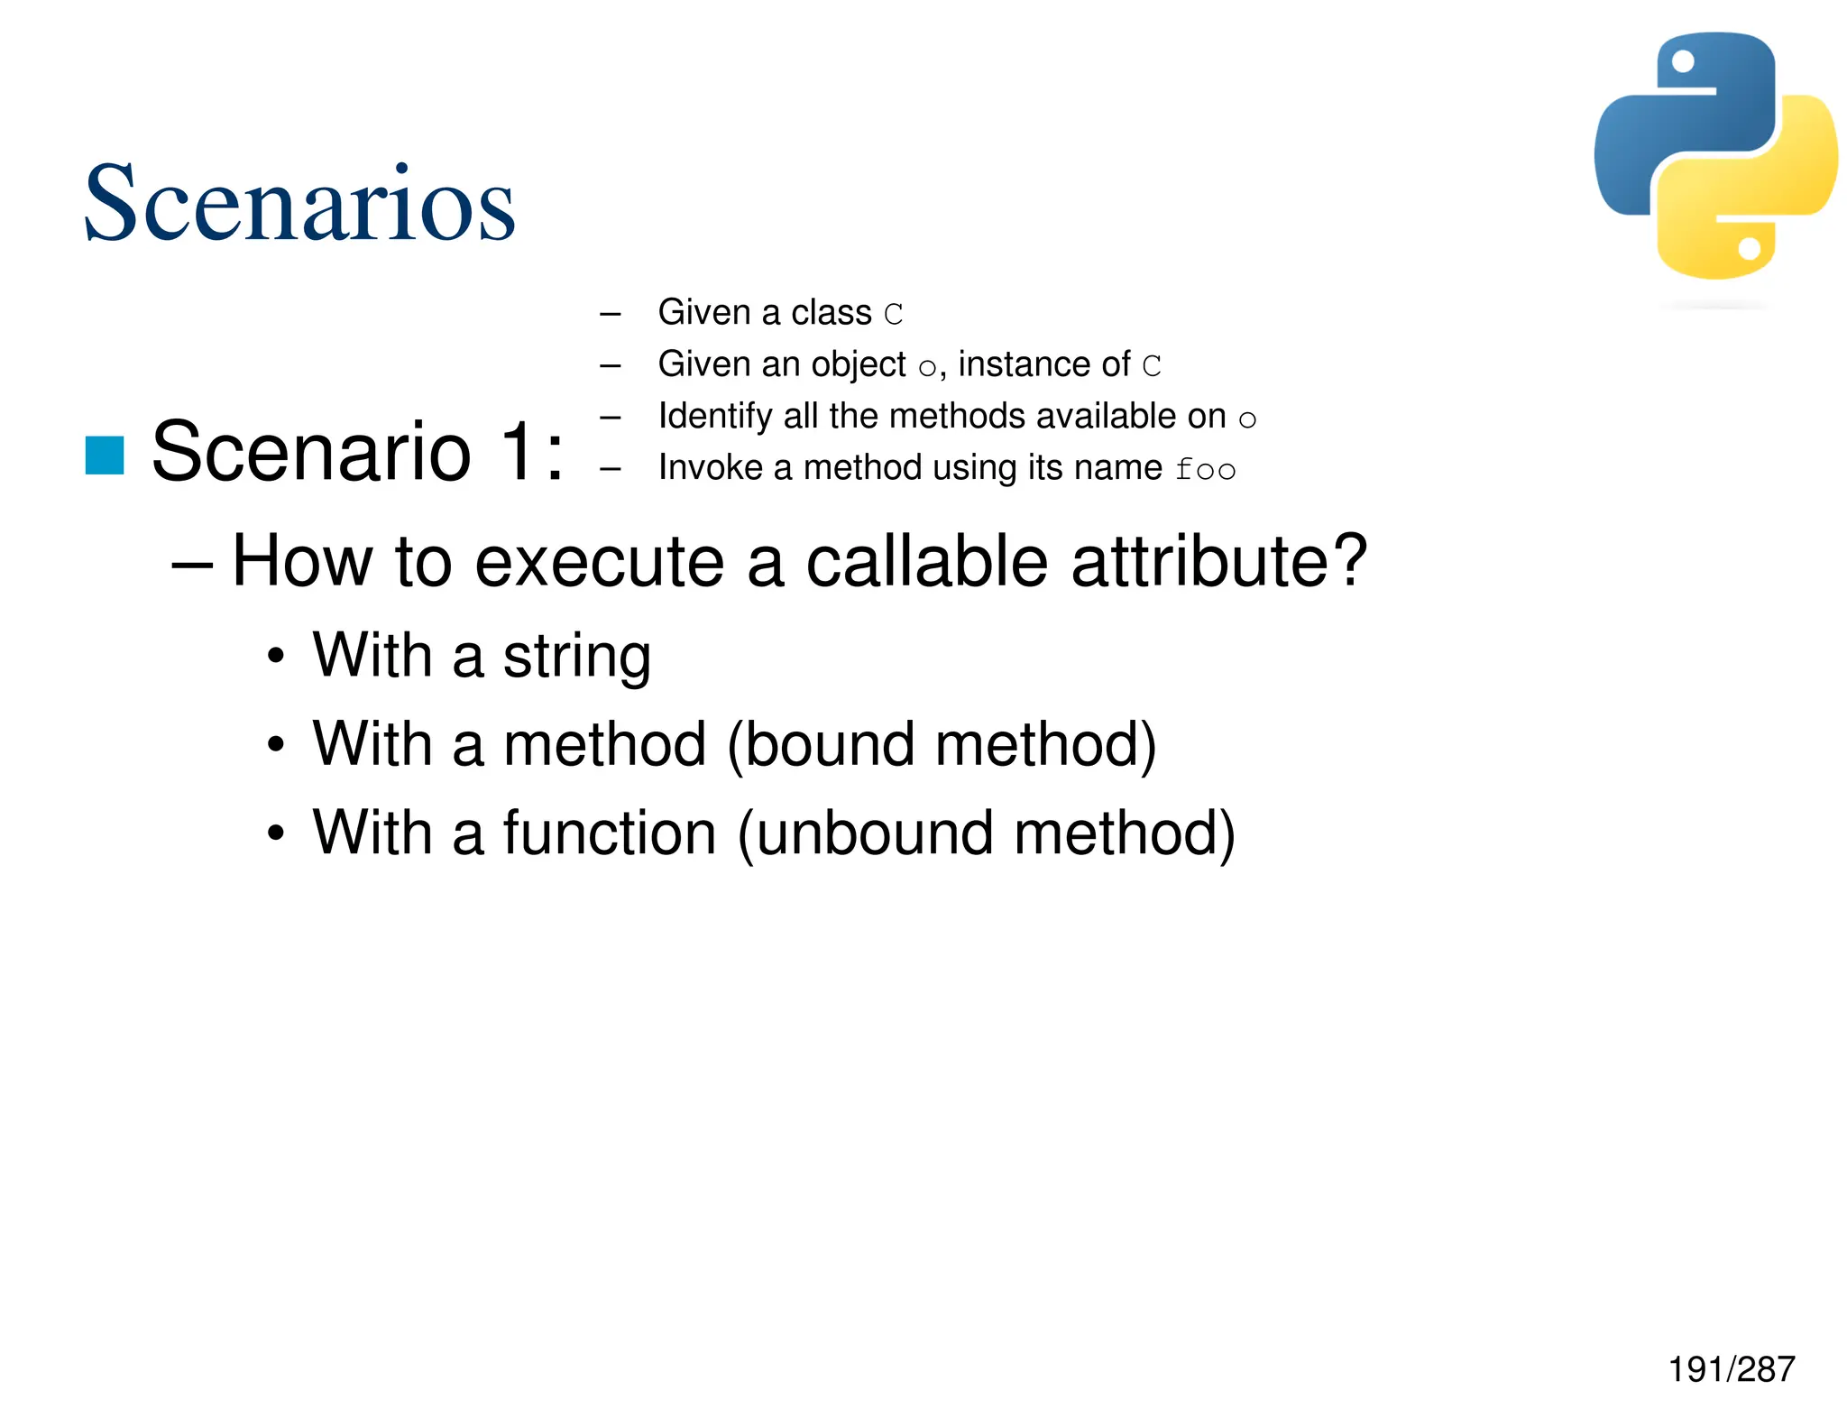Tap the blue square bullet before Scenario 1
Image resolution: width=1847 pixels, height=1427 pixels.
point(105,455)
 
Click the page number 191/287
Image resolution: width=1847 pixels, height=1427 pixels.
point(1731,1369)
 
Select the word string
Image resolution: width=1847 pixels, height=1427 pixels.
point(576,657)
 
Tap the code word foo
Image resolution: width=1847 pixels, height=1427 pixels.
point(1205,470)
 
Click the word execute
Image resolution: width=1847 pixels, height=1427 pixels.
point(599,563)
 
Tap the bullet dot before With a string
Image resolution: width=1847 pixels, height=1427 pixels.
point(276,658)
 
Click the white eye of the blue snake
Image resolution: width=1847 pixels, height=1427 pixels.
point(1683,61)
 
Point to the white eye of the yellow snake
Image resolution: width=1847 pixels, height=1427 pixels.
point(1749,248)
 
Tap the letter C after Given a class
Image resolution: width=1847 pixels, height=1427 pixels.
point(893,314)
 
